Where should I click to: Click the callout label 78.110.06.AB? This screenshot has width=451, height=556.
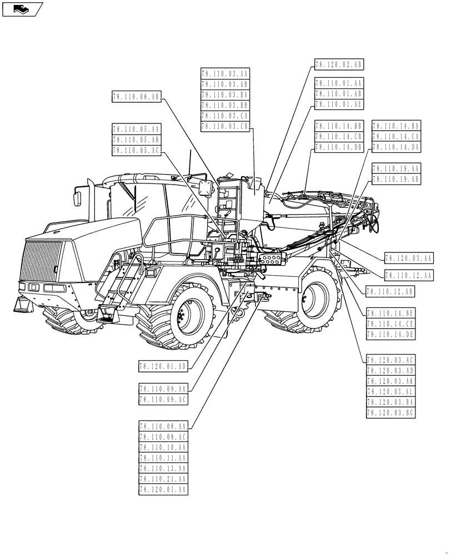136,97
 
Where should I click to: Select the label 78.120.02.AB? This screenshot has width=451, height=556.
338,65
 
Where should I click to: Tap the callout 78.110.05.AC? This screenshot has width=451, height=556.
136,150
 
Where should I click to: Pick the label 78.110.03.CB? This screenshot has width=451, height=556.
225,126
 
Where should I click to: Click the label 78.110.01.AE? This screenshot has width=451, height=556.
338,104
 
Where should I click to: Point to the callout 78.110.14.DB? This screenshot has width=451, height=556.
338,147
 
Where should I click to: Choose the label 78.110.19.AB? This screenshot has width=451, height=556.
396,179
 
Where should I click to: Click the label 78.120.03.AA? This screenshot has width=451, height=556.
408,257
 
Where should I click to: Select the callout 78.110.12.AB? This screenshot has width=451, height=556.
390,290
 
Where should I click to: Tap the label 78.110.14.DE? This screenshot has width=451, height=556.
390,334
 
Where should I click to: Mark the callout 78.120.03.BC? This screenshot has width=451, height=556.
390,413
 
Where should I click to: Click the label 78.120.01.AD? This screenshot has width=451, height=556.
163,365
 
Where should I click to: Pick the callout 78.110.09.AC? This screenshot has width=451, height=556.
163,399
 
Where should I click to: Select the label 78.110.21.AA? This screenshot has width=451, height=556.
163,479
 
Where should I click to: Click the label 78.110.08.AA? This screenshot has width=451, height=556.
163,426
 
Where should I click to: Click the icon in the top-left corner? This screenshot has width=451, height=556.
21,9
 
